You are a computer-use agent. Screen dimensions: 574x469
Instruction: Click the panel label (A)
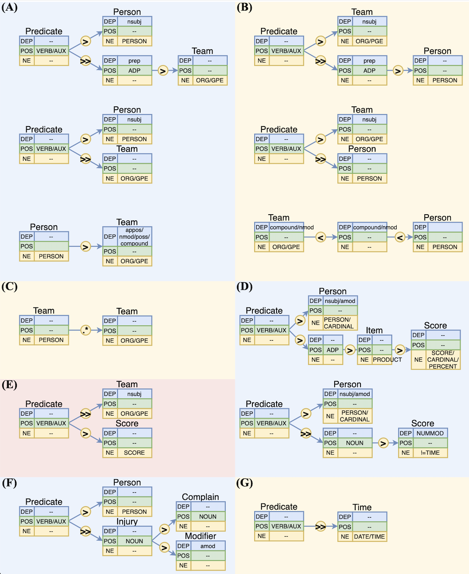(x=9, y=7)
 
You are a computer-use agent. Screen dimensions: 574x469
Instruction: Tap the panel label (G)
(x=244, y=483)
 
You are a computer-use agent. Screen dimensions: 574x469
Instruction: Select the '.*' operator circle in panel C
(x=85, y=330)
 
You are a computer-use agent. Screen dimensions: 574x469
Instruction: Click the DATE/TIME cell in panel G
(x=369, y=536)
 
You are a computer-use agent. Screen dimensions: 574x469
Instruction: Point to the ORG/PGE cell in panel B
(x=369, y=41)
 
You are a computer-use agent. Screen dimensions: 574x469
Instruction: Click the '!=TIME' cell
(x=430, y=453)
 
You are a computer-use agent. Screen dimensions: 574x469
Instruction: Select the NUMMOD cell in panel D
(x=430, y=433)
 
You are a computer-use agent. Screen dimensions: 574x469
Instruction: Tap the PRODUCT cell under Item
(x=387, y=360)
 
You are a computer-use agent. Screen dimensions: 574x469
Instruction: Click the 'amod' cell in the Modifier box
(x=207, y=546)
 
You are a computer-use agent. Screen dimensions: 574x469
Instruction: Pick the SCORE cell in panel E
(x=134, y=453)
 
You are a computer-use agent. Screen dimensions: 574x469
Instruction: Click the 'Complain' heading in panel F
(x=200, y=497)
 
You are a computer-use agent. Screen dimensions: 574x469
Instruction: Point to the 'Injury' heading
(x=127, y=521)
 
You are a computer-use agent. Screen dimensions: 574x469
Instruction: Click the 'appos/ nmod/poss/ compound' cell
(x=134, y=237)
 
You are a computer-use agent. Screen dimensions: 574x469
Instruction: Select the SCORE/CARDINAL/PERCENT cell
(x=443, y=360)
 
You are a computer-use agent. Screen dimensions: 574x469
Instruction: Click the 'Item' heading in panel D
(x=374, y=330)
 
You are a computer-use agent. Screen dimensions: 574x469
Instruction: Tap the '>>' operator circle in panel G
(x=320, y=526)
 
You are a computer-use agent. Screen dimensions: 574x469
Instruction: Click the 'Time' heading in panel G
(x=362, y=507)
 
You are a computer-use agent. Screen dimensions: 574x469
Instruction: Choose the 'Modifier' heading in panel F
(x=200, y=536)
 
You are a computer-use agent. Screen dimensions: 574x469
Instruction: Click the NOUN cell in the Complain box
(x=207, y=517)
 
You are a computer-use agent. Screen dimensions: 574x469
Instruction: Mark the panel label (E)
(x=9, y=385)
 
